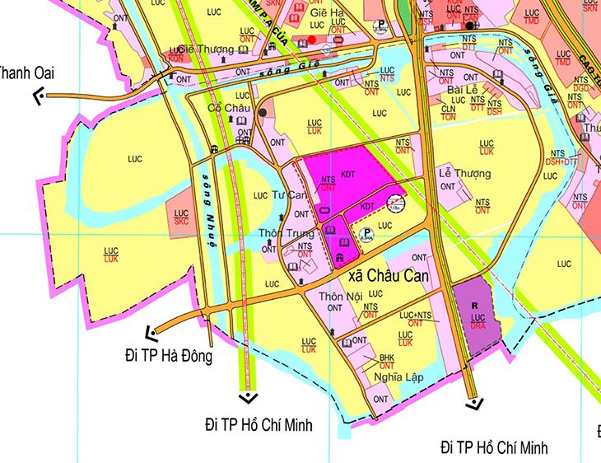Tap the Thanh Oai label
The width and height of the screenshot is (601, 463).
27,73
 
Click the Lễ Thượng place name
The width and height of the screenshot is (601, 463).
464,174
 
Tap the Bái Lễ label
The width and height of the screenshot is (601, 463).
458,89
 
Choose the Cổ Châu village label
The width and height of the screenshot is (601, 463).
226,108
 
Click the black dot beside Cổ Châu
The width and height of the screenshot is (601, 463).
262,112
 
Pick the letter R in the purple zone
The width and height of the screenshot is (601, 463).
474,305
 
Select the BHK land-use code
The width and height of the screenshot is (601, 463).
387,358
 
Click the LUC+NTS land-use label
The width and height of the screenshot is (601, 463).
416,316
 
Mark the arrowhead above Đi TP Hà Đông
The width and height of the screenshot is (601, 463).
151,333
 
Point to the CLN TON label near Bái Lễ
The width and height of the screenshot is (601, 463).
449,112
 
